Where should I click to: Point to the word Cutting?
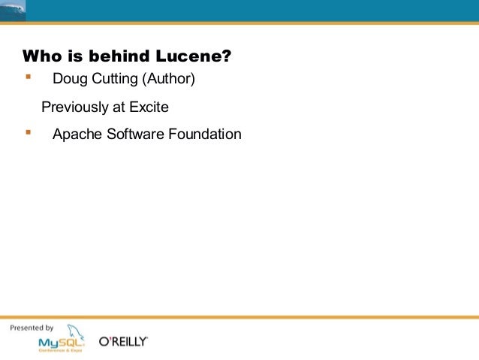tap(113, 79)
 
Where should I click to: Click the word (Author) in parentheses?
tap(169, 79)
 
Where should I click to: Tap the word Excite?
tap(149, 107)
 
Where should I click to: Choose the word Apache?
tap(75, 135)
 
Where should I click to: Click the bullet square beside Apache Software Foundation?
tap(28, 132)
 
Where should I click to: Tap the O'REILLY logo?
tap(124, 342)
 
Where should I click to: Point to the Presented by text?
tap(31, 328)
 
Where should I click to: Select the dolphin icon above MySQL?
tap(74, 331)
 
